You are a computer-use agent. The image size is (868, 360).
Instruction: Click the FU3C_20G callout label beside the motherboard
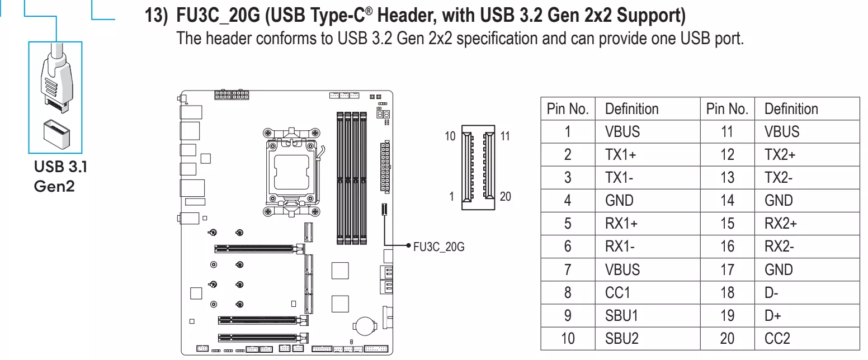[438, 247]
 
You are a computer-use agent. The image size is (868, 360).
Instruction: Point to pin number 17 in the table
[727, 269]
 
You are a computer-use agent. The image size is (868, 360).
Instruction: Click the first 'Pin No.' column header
[568, 109]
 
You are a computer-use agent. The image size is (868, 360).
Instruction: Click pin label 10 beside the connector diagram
[450, 136]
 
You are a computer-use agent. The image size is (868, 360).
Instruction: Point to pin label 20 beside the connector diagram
[505, 196]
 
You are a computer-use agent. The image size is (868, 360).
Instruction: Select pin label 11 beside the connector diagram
[505, 136]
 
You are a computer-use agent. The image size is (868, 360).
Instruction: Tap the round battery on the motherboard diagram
[364, 326]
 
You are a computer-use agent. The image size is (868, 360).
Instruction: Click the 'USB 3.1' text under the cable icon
[60, 167]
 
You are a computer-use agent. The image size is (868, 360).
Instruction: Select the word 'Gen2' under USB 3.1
[54, 186]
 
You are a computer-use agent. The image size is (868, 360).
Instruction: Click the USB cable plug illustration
[56, 78]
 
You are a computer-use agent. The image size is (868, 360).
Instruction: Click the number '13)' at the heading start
[156, 16]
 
